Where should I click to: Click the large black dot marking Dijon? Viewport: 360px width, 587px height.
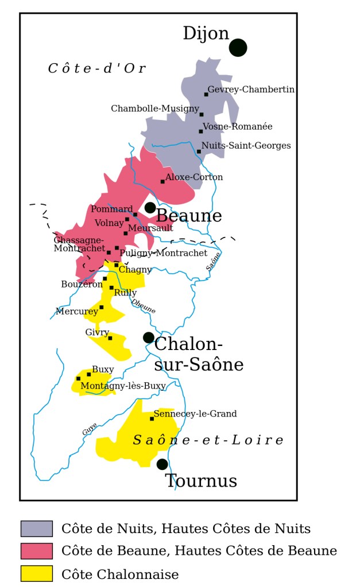[238, 48]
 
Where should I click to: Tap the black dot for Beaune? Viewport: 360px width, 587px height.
[150, 208]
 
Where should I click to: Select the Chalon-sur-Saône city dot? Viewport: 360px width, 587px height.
[149, 337]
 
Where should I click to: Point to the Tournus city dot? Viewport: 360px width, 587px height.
[162, 464]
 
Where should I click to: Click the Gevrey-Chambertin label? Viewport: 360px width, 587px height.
[251, 90]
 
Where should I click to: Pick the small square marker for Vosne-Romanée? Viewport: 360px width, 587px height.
[201, 131]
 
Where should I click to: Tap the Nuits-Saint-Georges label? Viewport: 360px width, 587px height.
[246, 146]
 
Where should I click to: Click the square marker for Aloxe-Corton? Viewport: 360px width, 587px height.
[162, 181]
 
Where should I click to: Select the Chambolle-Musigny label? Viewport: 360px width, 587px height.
[155, 108]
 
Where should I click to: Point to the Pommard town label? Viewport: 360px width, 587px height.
[111, 209]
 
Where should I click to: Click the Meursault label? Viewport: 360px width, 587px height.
[150, 228]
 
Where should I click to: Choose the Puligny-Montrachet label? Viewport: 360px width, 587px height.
[164, 253]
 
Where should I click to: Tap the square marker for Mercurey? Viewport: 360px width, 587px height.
[102, 307]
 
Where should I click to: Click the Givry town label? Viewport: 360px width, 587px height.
[97, 333]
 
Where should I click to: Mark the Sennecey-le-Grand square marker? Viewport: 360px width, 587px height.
[152, 419]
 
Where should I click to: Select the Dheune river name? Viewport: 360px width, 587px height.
[143, 306]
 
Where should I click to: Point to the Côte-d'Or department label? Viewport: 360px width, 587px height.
[96, 69]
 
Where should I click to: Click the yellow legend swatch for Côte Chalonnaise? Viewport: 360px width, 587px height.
[37, 574]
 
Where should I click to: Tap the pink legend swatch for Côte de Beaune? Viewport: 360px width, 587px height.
[37, 551]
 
